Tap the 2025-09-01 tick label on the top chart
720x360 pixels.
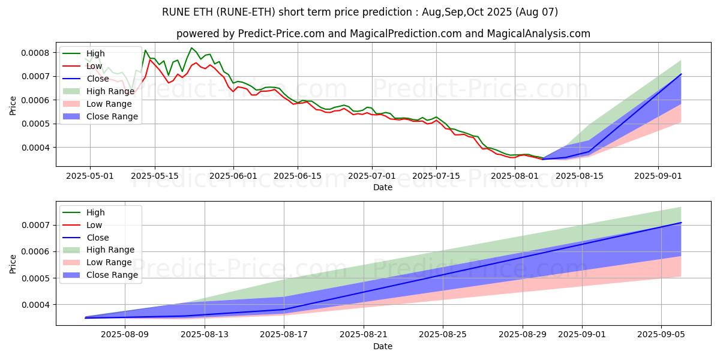point(658,176)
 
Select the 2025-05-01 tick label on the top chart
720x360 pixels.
point(90,176)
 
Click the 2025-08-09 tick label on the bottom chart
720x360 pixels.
point(125,335)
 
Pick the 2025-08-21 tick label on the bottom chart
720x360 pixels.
point(364,335)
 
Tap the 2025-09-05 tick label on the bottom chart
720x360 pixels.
point(661,335)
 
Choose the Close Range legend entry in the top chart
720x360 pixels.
point(112,116)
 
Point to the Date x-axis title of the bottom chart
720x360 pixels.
point(383,346)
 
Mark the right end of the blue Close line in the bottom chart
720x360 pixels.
point(681,223)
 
